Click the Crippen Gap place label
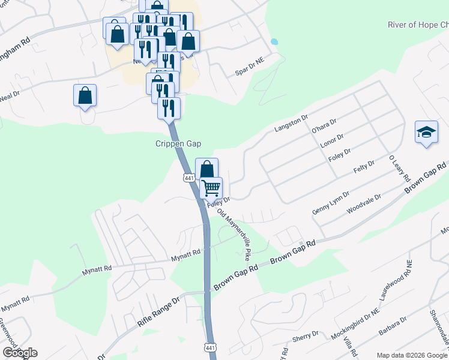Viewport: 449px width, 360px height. coord(178,144)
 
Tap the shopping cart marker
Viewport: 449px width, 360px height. coord(211,188)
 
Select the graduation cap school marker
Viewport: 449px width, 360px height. coord(426,133)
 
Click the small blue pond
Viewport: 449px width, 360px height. coord(274,42)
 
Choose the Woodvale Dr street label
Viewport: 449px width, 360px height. coord(364,202)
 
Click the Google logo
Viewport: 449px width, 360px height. coord(20,353)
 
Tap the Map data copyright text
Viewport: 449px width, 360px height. coord(411,355)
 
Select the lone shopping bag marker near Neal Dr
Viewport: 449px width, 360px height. coord(85,95)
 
